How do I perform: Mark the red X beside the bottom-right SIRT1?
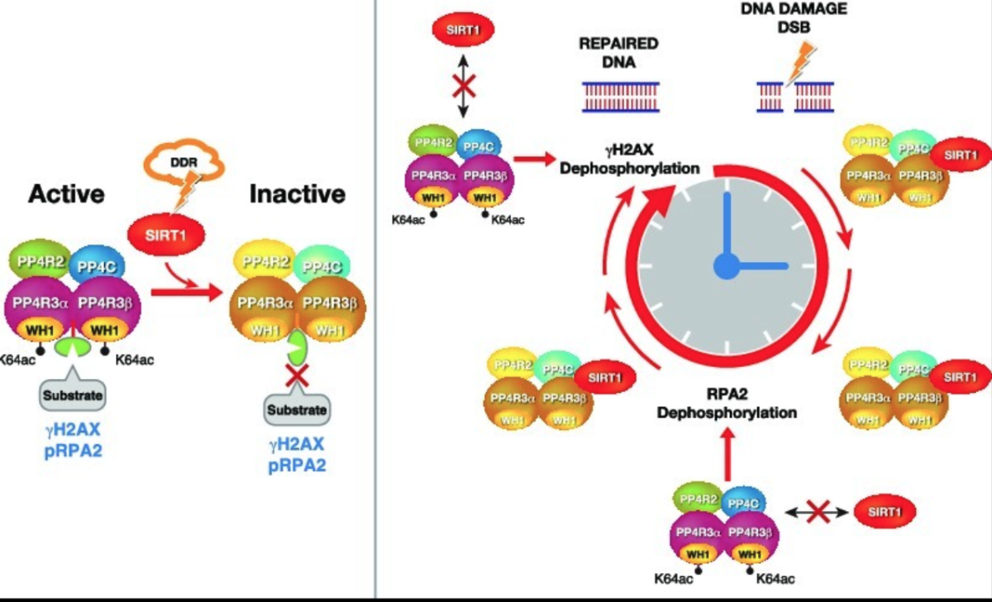[x=818, y=513]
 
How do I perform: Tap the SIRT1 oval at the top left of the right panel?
[x=463, y=31]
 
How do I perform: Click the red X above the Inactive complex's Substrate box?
[x=298, y=377]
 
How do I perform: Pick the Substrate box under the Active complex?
[x=74, y=394]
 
